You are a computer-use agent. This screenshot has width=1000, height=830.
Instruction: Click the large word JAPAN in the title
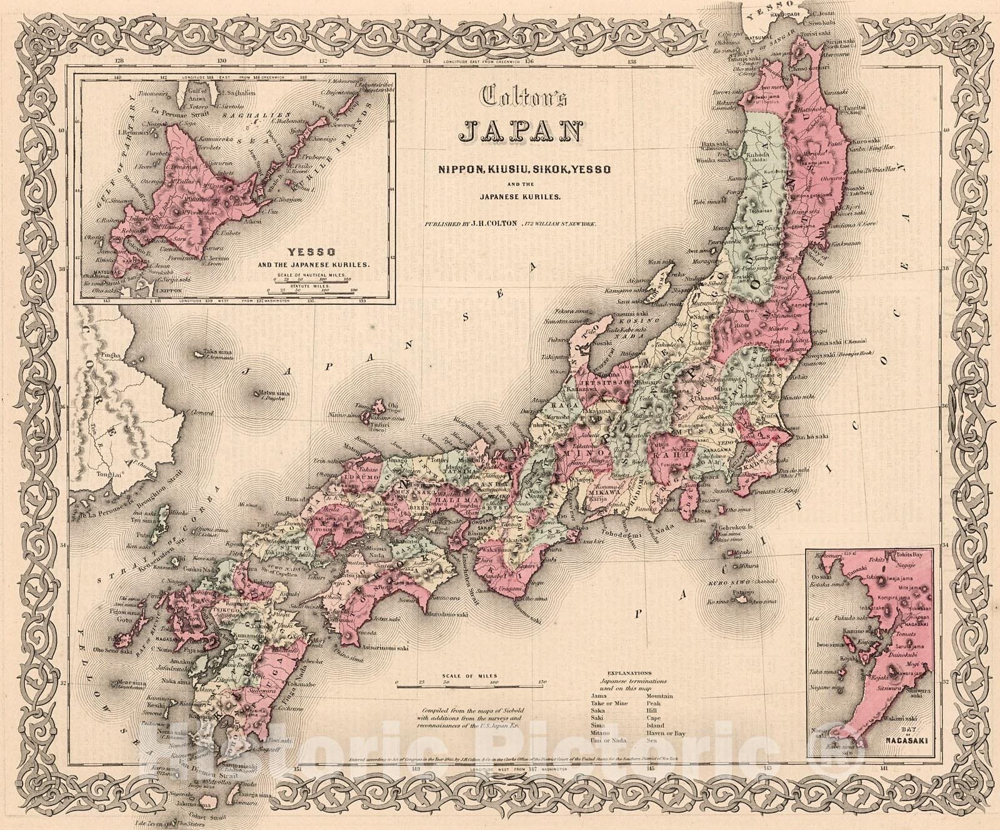[520, 132]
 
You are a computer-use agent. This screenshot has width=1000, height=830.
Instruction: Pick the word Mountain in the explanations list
[660, 696]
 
